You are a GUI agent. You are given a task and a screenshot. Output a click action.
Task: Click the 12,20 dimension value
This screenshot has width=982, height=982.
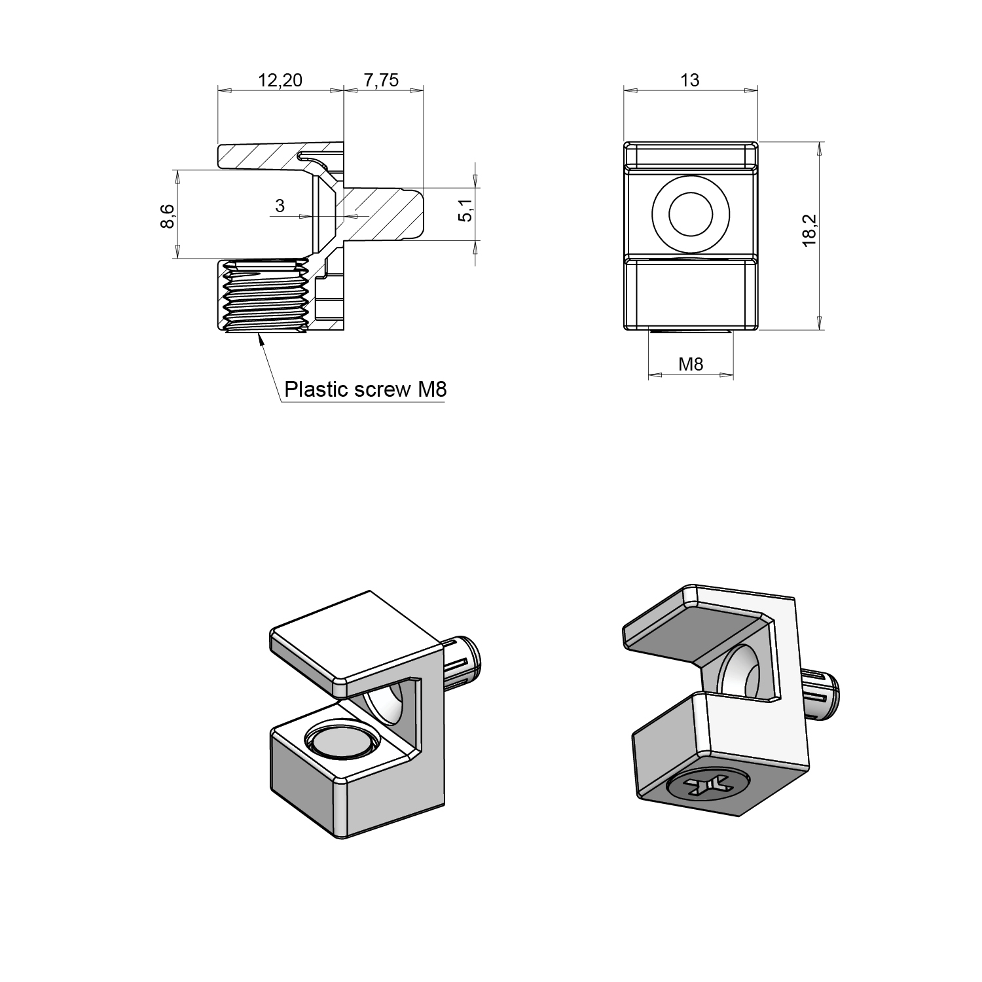pyautogui.click(x=280, y=81)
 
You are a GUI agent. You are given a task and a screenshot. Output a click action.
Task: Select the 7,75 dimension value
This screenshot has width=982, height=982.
pyautogui.click(x=381, y=81)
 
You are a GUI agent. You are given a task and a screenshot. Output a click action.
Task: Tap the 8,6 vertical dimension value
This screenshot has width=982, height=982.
pyautogui.click(x=168, y=216)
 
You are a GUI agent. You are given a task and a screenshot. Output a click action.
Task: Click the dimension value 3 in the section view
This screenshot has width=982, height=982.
pyautogui.click(x=280, y=206)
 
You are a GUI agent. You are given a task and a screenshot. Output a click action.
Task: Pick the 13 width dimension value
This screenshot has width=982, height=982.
pyautogui.click(x=690, y=80)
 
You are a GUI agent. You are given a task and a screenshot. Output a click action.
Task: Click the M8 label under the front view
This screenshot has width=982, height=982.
pyautogui.click(x=691, y=364)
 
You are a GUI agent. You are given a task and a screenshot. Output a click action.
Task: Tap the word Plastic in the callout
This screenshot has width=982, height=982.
pyautogui.click(x=316, y=390)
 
